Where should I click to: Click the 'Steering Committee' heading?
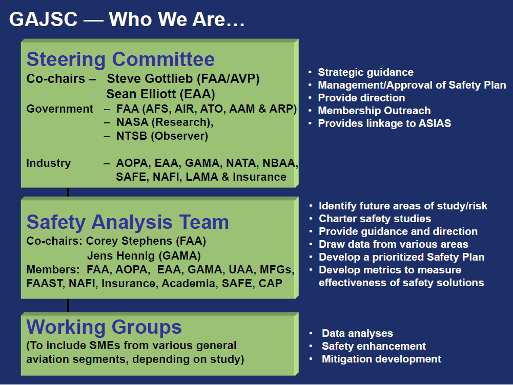(120, 59)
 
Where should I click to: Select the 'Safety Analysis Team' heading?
(128, 222)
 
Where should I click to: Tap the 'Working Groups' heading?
(104, 327)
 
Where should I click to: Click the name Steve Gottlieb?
(150, 79)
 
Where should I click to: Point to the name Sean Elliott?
(141, 94)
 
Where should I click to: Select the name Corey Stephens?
(129, 241)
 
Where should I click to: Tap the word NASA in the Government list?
(132, 122)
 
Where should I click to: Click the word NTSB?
(132, 136)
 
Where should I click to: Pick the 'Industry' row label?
(48, 163)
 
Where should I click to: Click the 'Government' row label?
(59, 109)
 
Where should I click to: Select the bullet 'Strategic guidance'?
(366, 72)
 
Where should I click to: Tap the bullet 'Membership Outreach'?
(374, 111)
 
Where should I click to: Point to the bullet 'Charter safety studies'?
(375, 219)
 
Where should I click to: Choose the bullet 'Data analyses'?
(357, 333)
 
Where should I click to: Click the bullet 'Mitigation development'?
(381, 359)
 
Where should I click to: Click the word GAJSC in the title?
(43, 19)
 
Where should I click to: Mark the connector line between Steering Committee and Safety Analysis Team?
(68, 192)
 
